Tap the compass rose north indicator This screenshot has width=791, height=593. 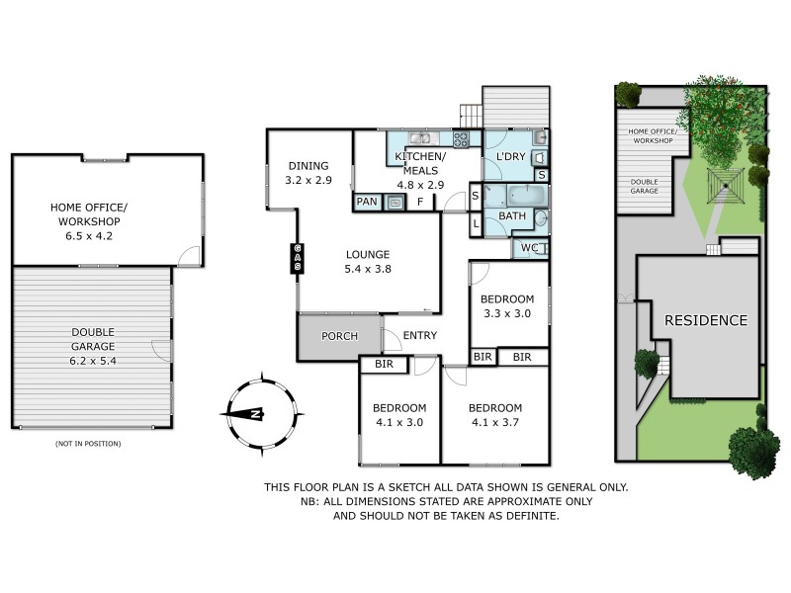click(x=255, y=414)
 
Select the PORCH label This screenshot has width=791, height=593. click(x=339, y=336)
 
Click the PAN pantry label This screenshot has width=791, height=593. click(x=367, y=202)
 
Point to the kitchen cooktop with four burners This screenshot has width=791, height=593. click(x=461, y=139)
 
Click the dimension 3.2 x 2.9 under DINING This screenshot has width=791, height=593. click(x=308, y=181)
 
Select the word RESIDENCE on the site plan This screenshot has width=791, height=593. click(x=705, y=320)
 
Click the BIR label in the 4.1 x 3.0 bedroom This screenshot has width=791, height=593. click(x=384, y=366)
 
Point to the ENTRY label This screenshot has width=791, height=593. click(x=420, y=336)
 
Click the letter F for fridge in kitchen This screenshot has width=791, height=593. click(x=420, y=203)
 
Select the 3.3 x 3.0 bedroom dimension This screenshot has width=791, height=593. click(x=506, y=314)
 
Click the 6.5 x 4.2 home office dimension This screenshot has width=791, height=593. click(x=90, y=221)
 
